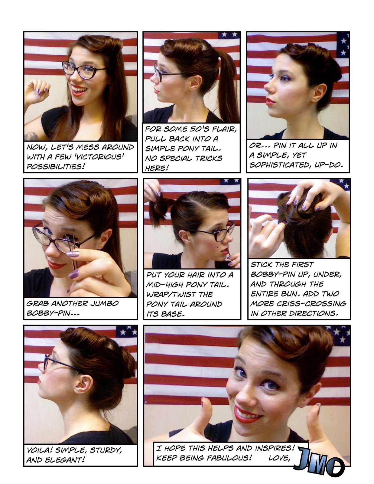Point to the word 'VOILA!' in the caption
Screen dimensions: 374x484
tap(39, 450)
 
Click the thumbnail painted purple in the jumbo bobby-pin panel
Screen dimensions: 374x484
tap(73, 254)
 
